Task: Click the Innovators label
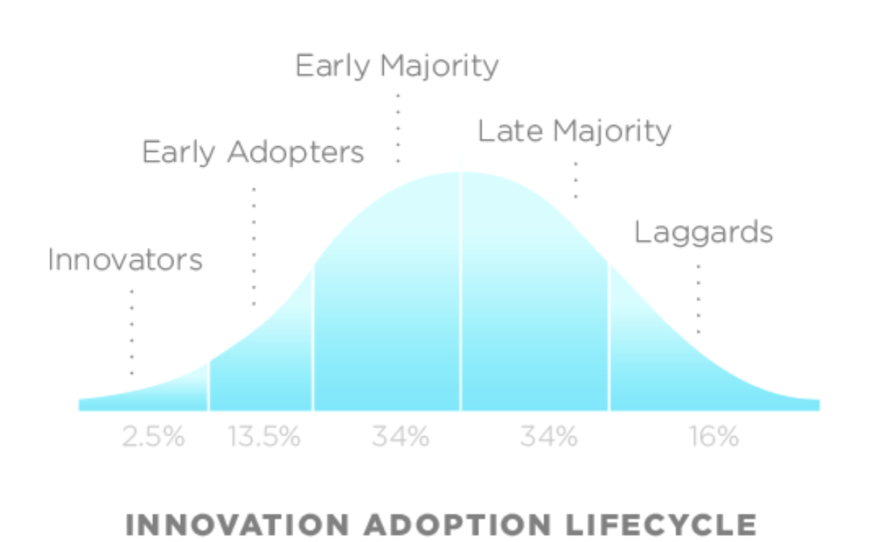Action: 125,260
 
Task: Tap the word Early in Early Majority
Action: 333,66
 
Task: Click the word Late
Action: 510,131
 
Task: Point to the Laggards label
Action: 703,233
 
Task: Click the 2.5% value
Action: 153,436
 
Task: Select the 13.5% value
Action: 264,436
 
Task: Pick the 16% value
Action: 714,436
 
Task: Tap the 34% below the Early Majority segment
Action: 401,436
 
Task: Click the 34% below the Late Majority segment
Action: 549,436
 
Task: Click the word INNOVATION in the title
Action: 238,525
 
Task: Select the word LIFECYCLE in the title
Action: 661,525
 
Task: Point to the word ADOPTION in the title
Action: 458,525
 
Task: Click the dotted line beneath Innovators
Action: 132,333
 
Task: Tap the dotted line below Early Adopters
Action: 254,247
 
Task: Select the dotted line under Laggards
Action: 698,299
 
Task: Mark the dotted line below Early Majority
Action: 398,129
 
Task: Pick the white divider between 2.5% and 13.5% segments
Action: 208,386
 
